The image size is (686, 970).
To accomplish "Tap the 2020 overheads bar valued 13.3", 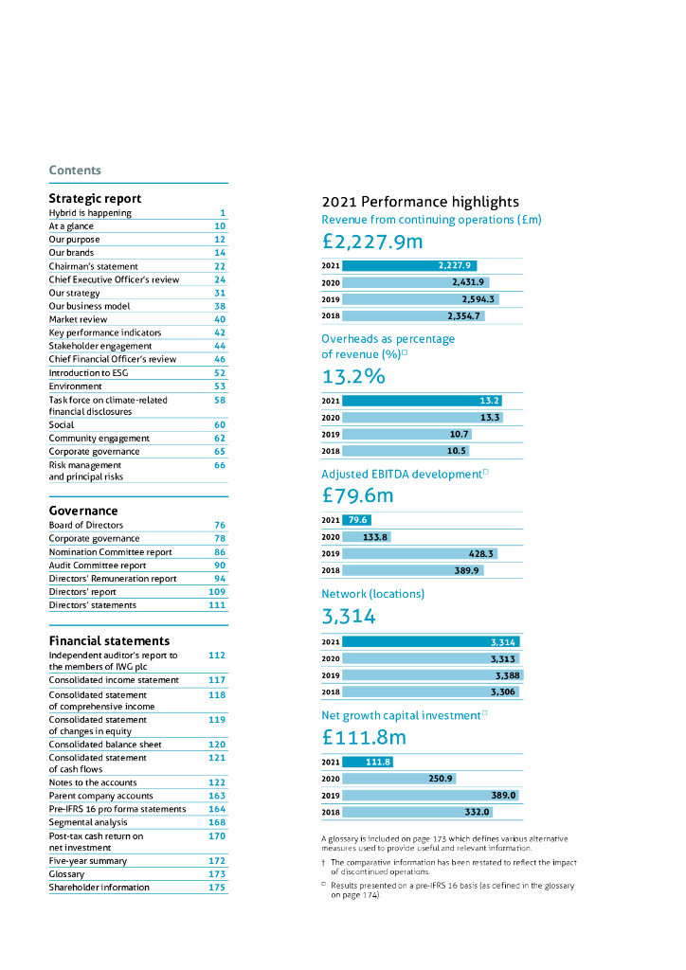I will coord(423,418).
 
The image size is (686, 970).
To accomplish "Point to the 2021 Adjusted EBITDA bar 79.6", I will coord(357,520).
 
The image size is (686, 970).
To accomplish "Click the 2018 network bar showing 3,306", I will coord(431,692).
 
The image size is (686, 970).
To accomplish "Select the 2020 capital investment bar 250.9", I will coord(387,779).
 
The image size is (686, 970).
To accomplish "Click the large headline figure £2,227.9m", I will coord(372,242).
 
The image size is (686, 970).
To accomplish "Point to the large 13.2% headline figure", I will coord(353,376).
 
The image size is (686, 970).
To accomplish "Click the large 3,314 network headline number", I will coord(349,617).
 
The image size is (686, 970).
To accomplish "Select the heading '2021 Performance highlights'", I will coord(421,202).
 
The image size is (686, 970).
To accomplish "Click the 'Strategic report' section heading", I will coord(95,199).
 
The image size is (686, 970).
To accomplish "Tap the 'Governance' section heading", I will coord(83,511).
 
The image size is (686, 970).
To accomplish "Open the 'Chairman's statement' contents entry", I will coord(93,267).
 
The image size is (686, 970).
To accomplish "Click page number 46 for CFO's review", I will coord(220,360).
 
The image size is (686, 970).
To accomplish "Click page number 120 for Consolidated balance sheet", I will coord(218,745).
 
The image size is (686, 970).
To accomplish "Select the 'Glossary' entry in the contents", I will coord(67,874).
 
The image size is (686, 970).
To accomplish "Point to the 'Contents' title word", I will coord(75,171).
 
